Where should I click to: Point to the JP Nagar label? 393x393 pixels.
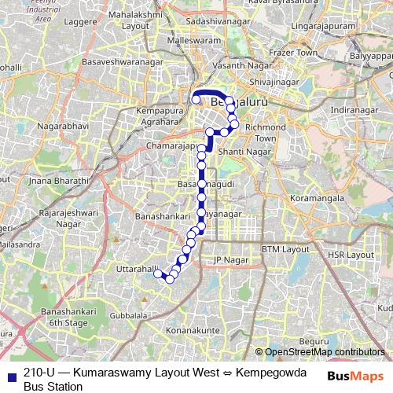coord(230,259)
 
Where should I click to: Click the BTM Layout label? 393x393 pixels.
coord(286,249)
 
